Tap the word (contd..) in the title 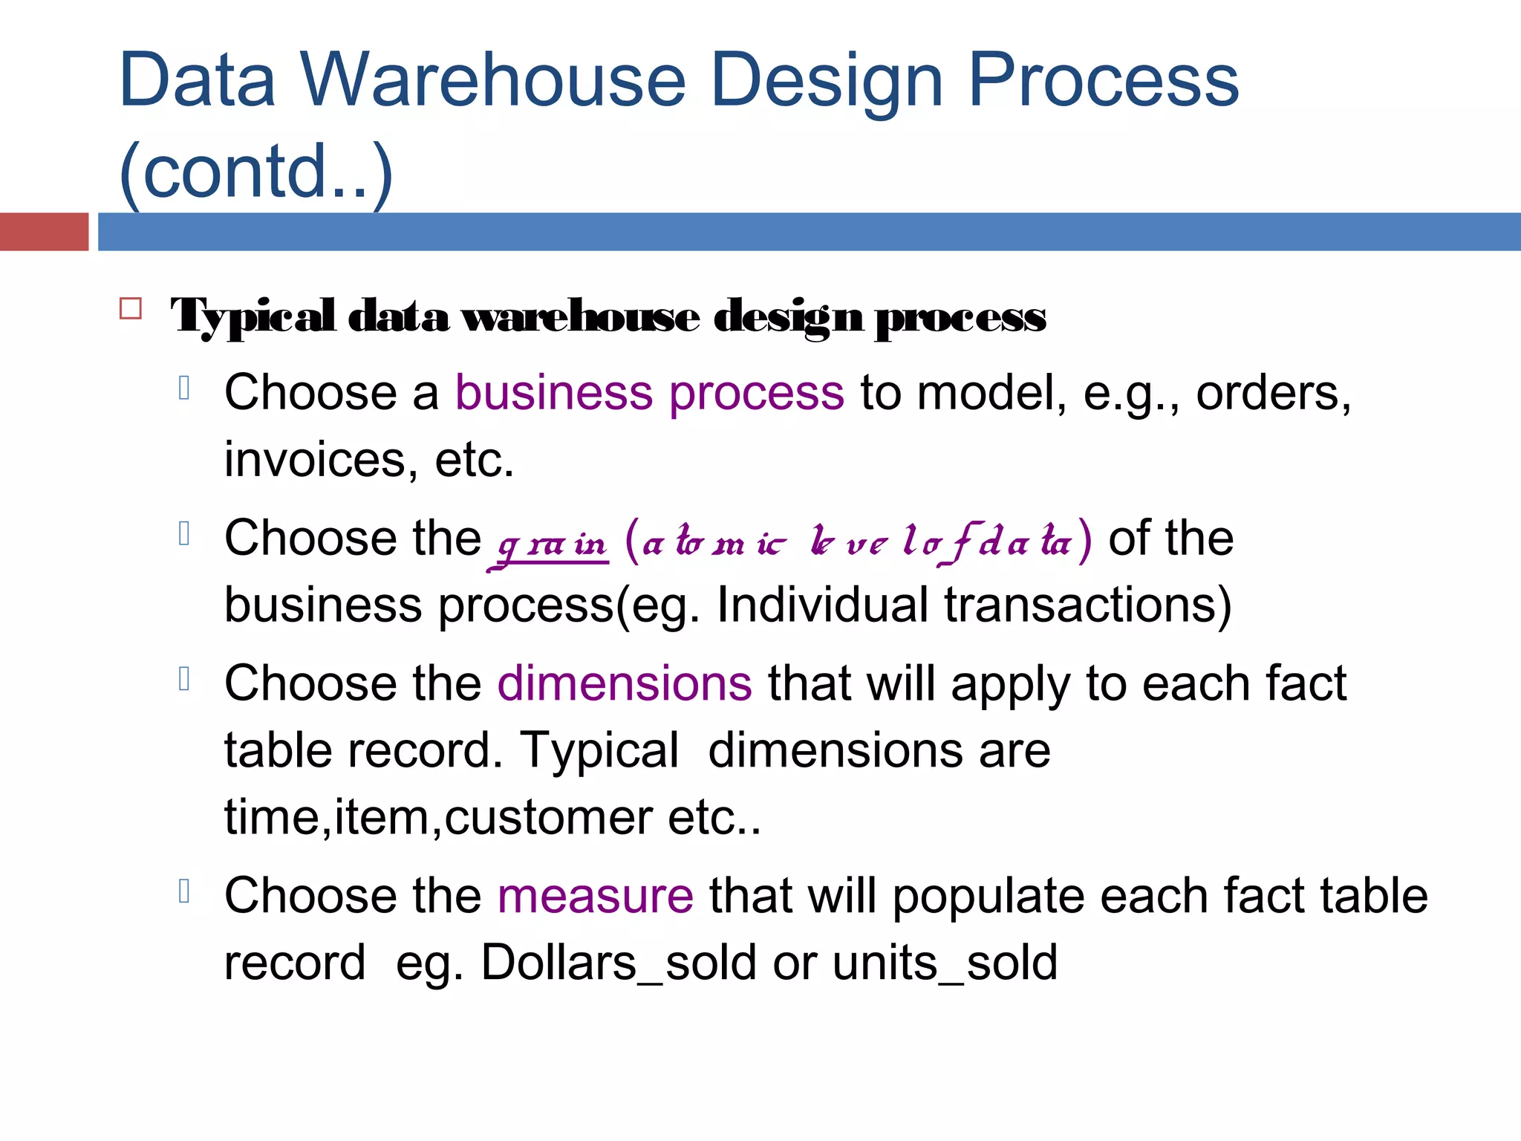255,172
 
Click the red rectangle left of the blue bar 44,231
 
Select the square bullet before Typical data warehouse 131,308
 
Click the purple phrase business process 649,393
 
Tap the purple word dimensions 625,683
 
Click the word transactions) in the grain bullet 1088,605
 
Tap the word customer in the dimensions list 548,818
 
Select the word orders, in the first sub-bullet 1273,393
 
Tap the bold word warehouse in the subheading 580,317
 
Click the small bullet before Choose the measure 185,891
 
